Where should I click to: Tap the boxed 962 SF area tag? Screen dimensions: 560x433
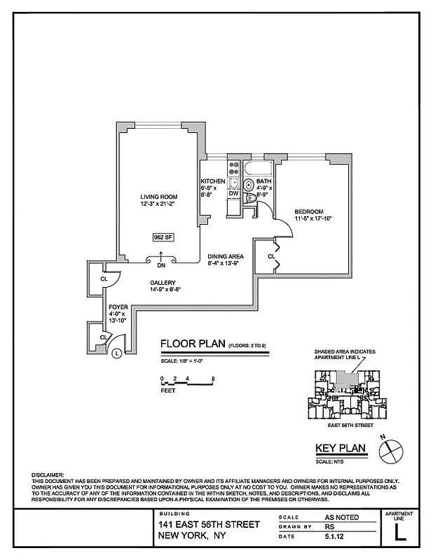(x=163, y=237)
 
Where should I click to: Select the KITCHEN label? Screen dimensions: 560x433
(x=212, y=181)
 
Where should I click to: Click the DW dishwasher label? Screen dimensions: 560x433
(x=233, y=194)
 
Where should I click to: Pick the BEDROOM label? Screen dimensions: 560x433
(x=308, y=212)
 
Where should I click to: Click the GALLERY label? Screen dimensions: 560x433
(x=163, y=283)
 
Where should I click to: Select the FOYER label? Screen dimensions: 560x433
(x=117, y=307)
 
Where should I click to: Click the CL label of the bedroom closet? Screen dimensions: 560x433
(x=271, y=256)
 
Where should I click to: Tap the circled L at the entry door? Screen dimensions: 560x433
(x=117, y=353)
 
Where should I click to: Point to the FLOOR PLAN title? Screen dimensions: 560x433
(x=192, y=344)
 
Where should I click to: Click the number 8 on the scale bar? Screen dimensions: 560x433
(x=212, y=378)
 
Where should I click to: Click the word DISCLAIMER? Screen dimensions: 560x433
(x=48, y=475)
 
